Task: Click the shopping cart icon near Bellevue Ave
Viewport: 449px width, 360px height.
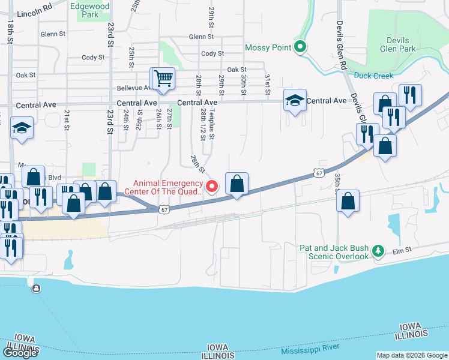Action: (163, 79)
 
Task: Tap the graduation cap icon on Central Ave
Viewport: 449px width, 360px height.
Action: (295, 100)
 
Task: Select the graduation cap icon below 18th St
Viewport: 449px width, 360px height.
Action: (22, 128)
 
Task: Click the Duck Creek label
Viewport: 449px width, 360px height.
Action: (373, 76)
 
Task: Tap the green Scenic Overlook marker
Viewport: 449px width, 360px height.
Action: (378, 251)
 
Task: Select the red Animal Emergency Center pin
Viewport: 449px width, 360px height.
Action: (211, 187)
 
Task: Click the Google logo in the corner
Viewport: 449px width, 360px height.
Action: (20, 352)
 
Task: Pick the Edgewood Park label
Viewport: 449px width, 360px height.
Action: (89, 10)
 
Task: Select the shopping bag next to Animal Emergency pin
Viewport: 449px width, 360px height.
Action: (237, 183)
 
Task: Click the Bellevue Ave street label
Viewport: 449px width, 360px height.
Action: (134, 88)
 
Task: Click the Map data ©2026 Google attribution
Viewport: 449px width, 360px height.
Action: (412, 355)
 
